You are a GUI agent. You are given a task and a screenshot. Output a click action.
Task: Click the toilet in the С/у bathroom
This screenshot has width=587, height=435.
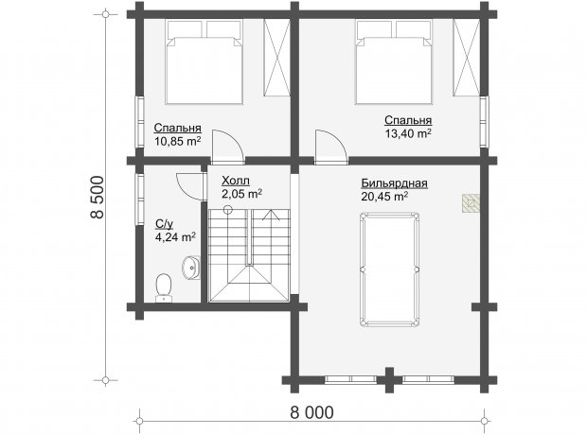[x=163, y=287]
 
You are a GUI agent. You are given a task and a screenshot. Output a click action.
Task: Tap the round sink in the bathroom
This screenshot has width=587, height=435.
[x=191, y=267]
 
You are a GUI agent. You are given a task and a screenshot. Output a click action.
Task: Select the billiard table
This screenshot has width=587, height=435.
[x=389, y=270]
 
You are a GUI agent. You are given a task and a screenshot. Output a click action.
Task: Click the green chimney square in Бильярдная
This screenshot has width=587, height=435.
[x=471, y=204]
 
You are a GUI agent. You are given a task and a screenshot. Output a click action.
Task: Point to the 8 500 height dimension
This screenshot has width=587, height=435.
[x=97, y=197]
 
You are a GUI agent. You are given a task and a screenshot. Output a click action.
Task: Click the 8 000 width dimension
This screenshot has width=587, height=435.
[x=311, y=412]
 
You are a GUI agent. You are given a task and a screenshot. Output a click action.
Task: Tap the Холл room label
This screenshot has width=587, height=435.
[x=236, y=181]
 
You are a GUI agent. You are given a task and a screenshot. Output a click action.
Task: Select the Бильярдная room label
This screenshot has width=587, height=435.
[x=394, y=183]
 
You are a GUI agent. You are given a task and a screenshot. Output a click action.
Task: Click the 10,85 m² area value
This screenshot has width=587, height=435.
[x=177, y=142]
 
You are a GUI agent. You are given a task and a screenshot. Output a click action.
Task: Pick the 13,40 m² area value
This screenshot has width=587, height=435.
[x=408, y=133]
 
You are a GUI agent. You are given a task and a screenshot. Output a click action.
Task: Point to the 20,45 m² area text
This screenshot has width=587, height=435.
[x=384, y=197]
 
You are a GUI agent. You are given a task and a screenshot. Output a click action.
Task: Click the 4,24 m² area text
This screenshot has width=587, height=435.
[x=175, y=237]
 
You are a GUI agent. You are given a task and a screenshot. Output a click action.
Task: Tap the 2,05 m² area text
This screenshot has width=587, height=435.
[x=241, y=194]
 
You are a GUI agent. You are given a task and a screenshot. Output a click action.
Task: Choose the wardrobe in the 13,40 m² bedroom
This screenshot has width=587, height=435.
[x=466, y=58]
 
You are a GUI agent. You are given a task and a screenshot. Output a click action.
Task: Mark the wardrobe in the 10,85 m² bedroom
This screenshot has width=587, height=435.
[x=276, y=58]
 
